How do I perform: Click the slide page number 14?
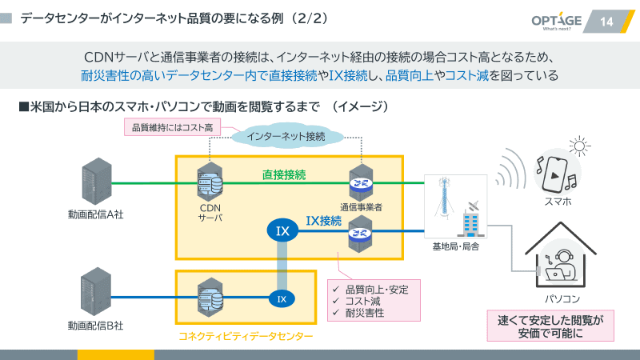[606, 21]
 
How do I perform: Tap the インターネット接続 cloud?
[286, 136]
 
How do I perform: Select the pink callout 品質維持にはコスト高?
[172, 127]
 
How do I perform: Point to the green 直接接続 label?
[284, 174]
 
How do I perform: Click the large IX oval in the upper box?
[282, 231]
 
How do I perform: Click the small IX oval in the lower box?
[281, 299]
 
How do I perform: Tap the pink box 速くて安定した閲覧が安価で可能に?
[550, 326]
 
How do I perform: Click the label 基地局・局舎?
[456, 246]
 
